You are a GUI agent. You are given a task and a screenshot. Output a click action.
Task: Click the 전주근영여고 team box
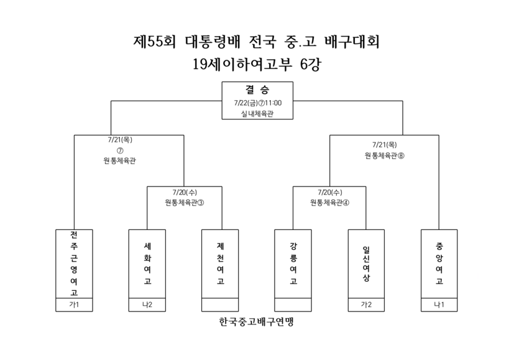pyautogui.click(x=74, y=264)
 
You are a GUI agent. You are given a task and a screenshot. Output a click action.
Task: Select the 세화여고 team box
pyautogui.click(x=147, y=264)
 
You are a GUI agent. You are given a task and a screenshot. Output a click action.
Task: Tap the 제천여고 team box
pyautogui.click(x=220, y=264)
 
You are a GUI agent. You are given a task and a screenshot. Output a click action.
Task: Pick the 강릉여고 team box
pyautogui.click(x=293, y=264)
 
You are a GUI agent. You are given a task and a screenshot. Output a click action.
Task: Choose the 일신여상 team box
pyautogui.click(x=366, y=264)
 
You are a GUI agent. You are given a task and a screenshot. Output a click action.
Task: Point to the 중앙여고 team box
pyautogui.click(x=439, y=264)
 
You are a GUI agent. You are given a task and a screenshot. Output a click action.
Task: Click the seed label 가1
pyautogui.click(x=74, y=305)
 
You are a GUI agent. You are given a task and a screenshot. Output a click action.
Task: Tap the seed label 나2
pyautogui.click(x=147, y=305)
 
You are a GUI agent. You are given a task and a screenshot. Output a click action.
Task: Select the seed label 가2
pyautogui.click(x=366, y=305)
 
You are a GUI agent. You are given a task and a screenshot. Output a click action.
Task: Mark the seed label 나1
pyautogui.click(x=439, y=305)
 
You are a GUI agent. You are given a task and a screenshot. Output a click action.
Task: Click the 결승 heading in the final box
pyautogui.click(x=257, y=90)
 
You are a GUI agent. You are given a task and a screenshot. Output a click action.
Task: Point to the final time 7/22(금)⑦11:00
pyautogui.click(x=258, y=103)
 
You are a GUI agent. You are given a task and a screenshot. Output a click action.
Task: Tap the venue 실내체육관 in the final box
pyautogui.click(x=257, y=114)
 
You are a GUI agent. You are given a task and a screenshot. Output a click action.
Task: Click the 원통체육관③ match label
pyautogui.click(x=185, y=203)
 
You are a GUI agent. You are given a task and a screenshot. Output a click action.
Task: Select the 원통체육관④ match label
pyautogui.click(x=330, y=203)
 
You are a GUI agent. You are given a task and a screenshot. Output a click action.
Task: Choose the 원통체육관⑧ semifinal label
pyautogui.click(x=385, y=156)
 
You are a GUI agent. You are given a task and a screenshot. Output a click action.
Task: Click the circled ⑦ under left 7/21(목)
pyautogui.click(x=120, y=150)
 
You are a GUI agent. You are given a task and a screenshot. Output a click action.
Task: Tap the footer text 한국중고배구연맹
pyautogui.click(x=257, y=321)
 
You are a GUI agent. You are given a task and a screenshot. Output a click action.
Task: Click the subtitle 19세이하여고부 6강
pyautogui.click(x=257, y=64)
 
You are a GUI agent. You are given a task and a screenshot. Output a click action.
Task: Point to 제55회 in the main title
pyautogui.click(x=155, y=42)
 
